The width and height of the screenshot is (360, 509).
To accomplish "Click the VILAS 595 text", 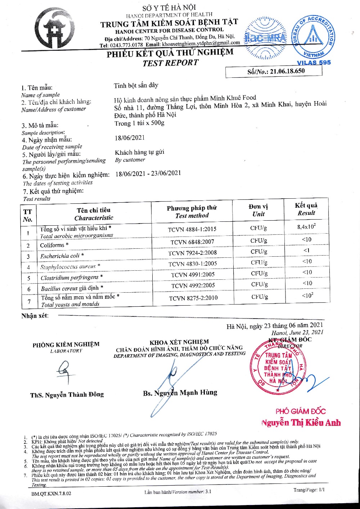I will (x=314, y=63).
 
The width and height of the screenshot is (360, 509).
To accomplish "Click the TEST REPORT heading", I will (x=170, y=63).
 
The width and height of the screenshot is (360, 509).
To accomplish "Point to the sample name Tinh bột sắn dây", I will (x=136, y=86).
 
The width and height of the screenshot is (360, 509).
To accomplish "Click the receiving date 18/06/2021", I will (x=130, y=138).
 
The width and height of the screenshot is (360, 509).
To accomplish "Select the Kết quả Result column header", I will (x=306, y=209).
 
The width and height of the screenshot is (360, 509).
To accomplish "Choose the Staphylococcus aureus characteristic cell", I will (x=70, y=267).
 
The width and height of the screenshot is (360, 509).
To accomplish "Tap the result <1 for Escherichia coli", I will (x=306, y=250).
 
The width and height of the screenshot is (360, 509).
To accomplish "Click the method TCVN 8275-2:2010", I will (x=193, y=298).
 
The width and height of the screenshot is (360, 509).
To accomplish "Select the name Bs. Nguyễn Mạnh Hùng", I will (x=180, y=393).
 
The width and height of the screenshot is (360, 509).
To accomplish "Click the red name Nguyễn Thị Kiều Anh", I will (x=301, y=423).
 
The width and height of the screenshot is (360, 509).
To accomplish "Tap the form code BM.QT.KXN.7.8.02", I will (x=51, y=493).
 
